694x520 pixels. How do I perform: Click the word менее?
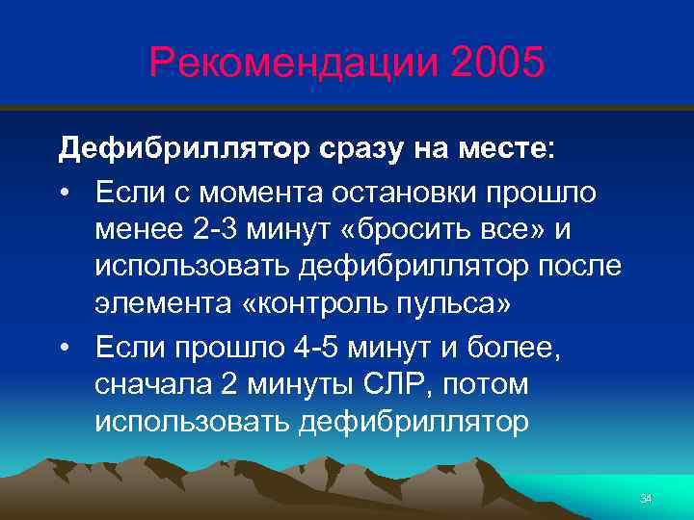click(141, 231)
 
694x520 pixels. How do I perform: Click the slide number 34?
click(646, 498)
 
